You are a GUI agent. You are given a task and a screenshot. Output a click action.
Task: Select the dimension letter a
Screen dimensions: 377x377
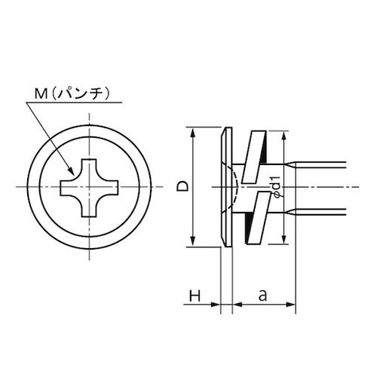click(263, 297)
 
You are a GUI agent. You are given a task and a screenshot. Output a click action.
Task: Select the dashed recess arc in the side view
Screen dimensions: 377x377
click(237, 186)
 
